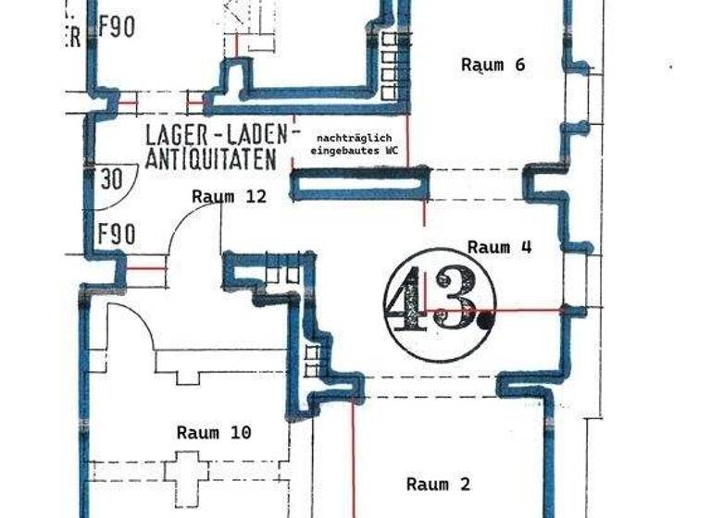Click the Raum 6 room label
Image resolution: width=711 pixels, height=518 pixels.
coord(493,65)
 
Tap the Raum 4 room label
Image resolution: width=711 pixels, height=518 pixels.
coord(500,247)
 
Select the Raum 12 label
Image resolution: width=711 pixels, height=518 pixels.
coord(229,196)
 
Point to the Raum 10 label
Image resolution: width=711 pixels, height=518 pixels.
coord(214,432)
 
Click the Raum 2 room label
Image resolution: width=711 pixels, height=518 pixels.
coord(439,484)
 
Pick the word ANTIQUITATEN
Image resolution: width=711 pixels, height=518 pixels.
coord(211,159)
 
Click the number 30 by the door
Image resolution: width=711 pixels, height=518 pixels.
coord(112,179)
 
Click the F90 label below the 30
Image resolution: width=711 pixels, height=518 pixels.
coord(117,233)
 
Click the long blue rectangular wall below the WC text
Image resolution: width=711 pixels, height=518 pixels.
coord(359,182)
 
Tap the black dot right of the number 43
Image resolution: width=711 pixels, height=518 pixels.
coord(485,322)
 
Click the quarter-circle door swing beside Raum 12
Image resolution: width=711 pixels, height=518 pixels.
coord(190,227)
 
